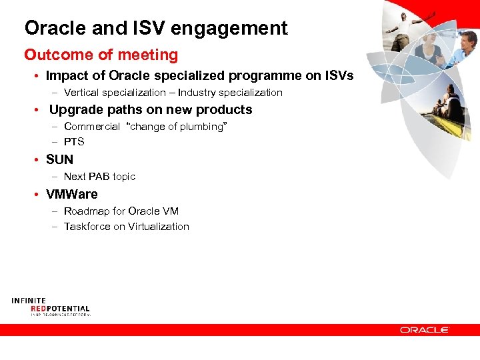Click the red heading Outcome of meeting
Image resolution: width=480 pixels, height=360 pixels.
click(x=101, y=55)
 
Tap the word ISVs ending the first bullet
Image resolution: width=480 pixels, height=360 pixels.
click(x=337, y=76)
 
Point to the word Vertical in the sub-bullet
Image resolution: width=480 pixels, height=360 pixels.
click(x=81, y=93)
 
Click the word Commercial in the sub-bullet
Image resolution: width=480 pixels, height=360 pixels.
click(x=92, y=127)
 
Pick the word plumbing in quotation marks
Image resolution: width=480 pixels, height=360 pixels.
click(x=201, y=127)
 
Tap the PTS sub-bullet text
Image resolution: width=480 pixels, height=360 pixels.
click(x=74, y=141)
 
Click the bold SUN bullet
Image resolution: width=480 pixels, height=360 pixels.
click(x=59, y=159)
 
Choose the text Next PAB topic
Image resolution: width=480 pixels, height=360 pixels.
click(x=99, y=177)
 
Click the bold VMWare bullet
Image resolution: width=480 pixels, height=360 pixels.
click(x=71, y=195)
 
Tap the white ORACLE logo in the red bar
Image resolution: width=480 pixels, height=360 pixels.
click(x=425, y=329)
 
